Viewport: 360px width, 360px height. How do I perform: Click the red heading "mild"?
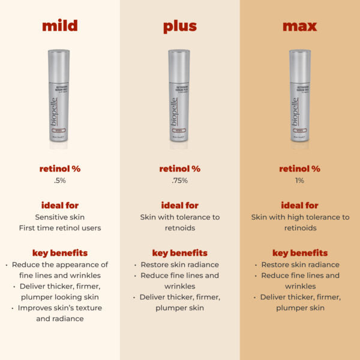59,26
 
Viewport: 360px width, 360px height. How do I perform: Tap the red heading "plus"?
179,26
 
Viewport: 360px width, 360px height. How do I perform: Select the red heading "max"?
299,26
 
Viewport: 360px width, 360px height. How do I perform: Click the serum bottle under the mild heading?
59,99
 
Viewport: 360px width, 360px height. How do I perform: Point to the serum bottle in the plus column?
179,99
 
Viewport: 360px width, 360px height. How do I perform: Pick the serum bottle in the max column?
299,99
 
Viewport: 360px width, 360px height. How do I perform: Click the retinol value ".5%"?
59,181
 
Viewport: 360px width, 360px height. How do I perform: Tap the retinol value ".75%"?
179,181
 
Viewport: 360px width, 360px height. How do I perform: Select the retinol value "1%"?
299,181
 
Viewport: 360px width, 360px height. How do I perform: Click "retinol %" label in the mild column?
59,169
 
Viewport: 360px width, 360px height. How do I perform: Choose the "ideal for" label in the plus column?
179,205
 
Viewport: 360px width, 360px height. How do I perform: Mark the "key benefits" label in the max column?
299,253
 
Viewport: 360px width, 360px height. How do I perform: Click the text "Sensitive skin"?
59,217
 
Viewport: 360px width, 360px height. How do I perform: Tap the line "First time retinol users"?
59,229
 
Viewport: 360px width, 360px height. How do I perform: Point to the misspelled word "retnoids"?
179,229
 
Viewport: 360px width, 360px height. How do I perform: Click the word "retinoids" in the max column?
299,229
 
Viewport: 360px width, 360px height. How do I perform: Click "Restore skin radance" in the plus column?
179,265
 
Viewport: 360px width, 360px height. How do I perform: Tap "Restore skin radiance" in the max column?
299,265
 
